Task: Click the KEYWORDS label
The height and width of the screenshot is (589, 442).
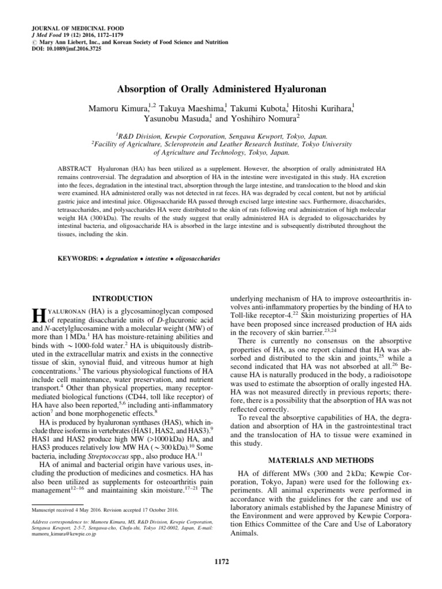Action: pyautogui.click(x=78, y=259)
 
